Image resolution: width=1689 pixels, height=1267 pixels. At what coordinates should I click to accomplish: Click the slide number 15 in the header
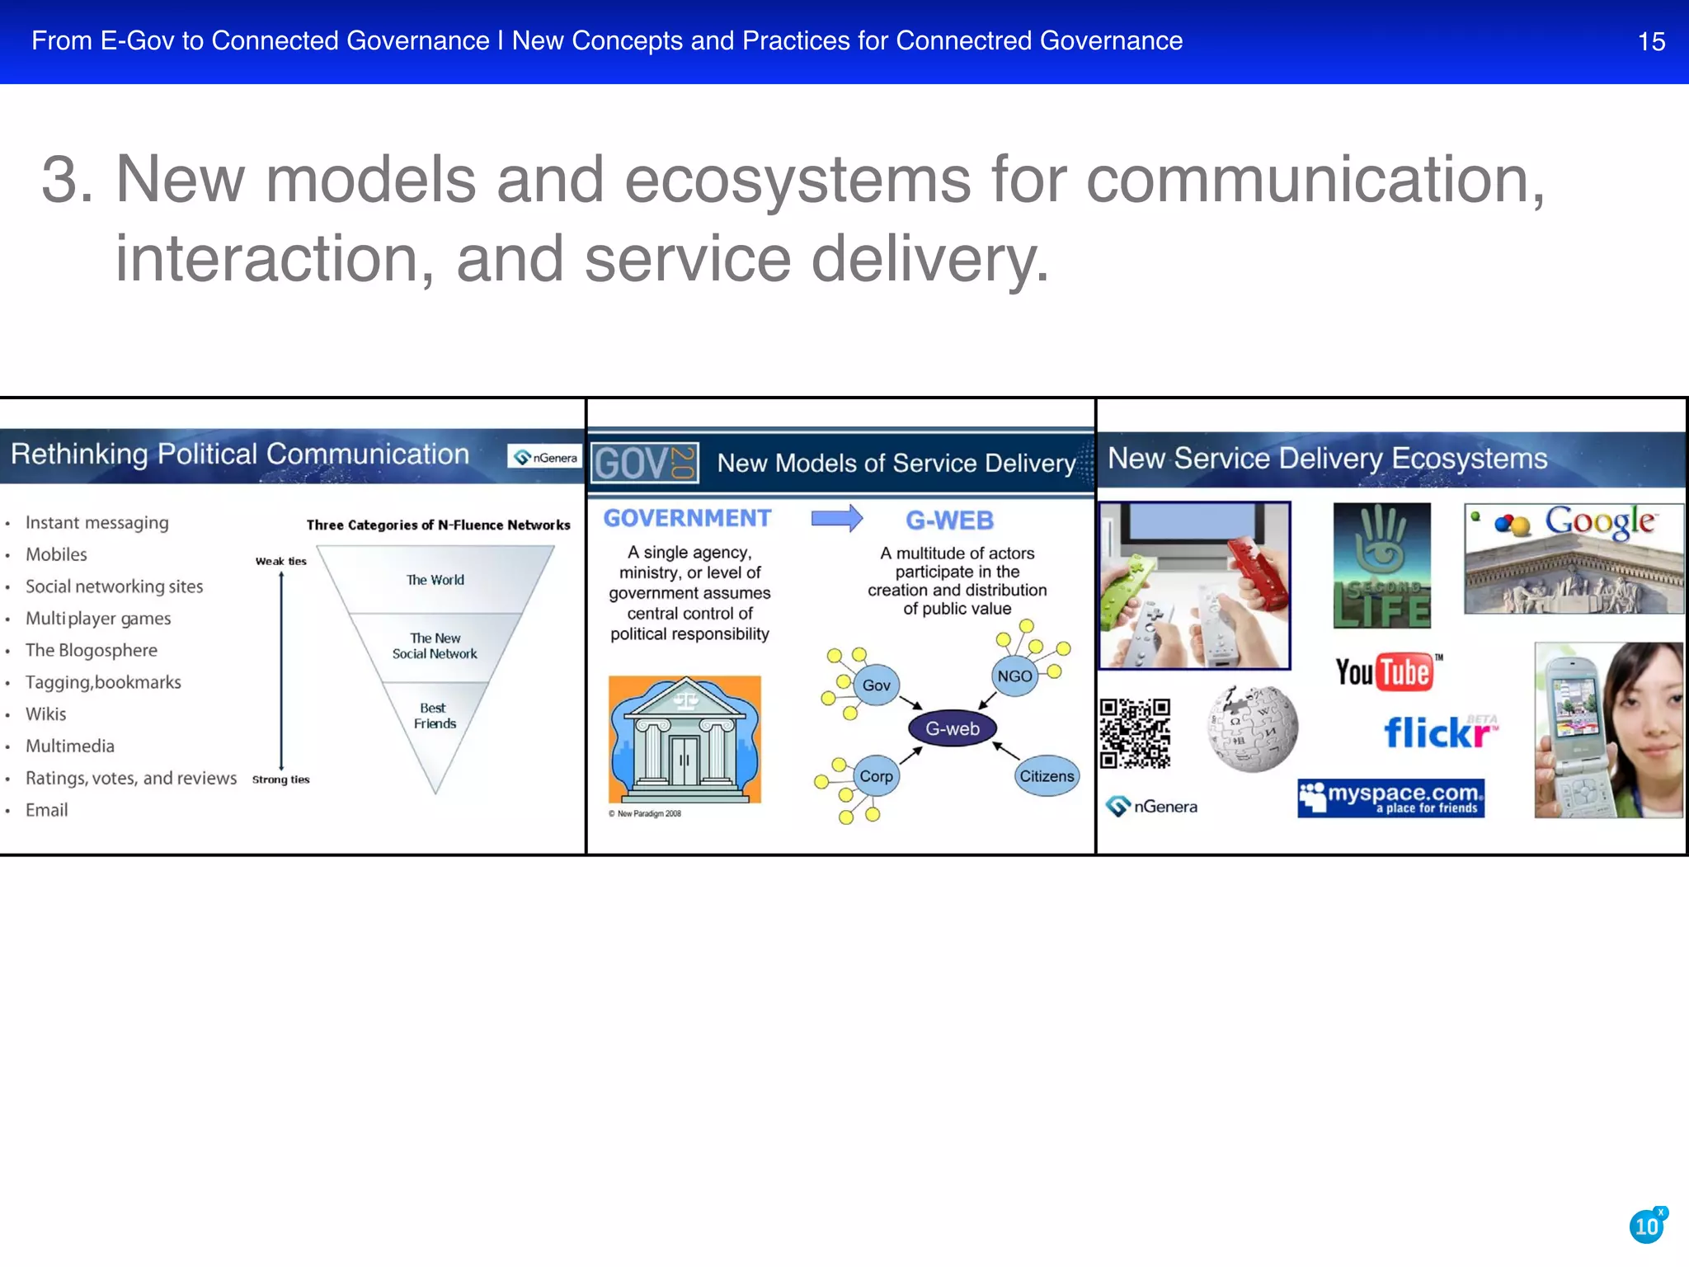tap(1650, 42)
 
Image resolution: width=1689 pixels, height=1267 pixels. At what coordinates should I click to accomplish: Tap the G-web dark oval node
tap(952, 728)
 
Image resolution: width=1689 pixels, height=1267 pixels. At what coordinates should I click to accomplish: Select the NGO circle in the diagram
tap(1014, 676)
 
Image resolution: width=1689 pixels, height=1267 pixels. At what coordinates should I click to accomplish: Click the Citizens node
tap(1046, 775)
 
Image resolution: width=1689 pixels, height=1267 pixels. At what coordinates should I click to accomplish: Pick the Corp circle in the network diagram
tap(876, 775)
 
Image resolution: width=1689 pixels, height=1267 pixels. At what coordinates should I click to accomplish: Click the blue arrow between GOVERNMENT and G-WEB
tap(836, 518)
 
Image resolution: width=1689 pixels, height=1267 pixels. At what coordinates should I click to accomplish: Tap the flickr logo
tap(1439, 732)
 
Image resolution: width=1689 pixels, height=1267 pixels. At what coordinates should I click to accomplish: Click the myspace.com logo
tap(1390, 798)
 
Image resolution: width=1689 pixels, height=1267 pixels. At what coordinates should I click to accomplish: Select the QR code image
tap(1135, 733)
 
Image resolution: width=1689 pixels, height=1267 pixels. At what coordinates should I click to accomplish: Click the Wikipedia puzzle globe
tap(1252, 729)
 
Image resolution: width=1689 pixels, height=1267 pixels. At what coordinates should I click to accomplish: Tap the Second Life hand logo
tap(1381, 565)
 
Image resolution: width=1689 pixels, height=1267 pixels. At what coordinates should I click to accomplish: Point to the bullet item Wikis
tap(46, 714)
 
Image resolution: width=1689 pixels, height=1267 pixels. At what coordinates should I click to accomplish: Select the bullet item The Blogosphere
tap(91, 650)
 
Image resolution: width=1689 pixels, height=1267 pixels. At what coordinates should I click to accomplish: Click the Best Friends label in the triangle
tap(434, 715)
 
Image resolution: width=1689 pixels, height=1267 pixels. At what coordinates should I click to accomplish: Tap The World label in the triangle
tap(435, 580)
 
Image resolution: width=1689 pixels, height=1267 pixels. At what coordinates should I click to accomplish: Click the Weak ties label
tap(280, 561)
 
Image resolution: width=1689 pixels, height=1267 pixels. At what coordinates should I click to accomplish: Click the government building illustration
tap(685, 739)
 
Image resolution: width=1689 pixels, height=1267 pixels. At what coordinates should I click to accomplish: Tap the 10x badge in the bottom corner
tap(1647, 1226)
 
